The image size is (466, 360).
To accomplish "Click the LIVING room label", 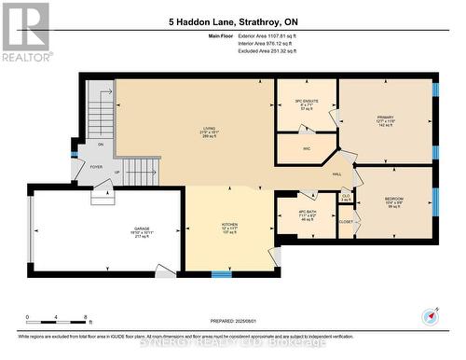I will pyautogui.click(x=210, y=129).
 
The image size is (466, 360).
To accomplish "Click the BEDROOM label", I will pyautogui.click(x=394, y=199).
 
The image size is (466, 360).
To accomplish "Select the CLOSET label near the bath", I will pyautogui.click(x=346, y=221).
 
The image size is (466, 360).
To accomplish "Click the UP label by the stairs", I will pyautogui.click(x=116, y=173).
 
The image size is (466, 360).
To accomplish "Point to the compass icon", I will pyautogui.click(x=431, y=315).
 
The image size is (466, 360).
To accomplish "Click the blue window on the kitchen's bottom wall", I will pyautogui.click(x=221, y=273).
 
